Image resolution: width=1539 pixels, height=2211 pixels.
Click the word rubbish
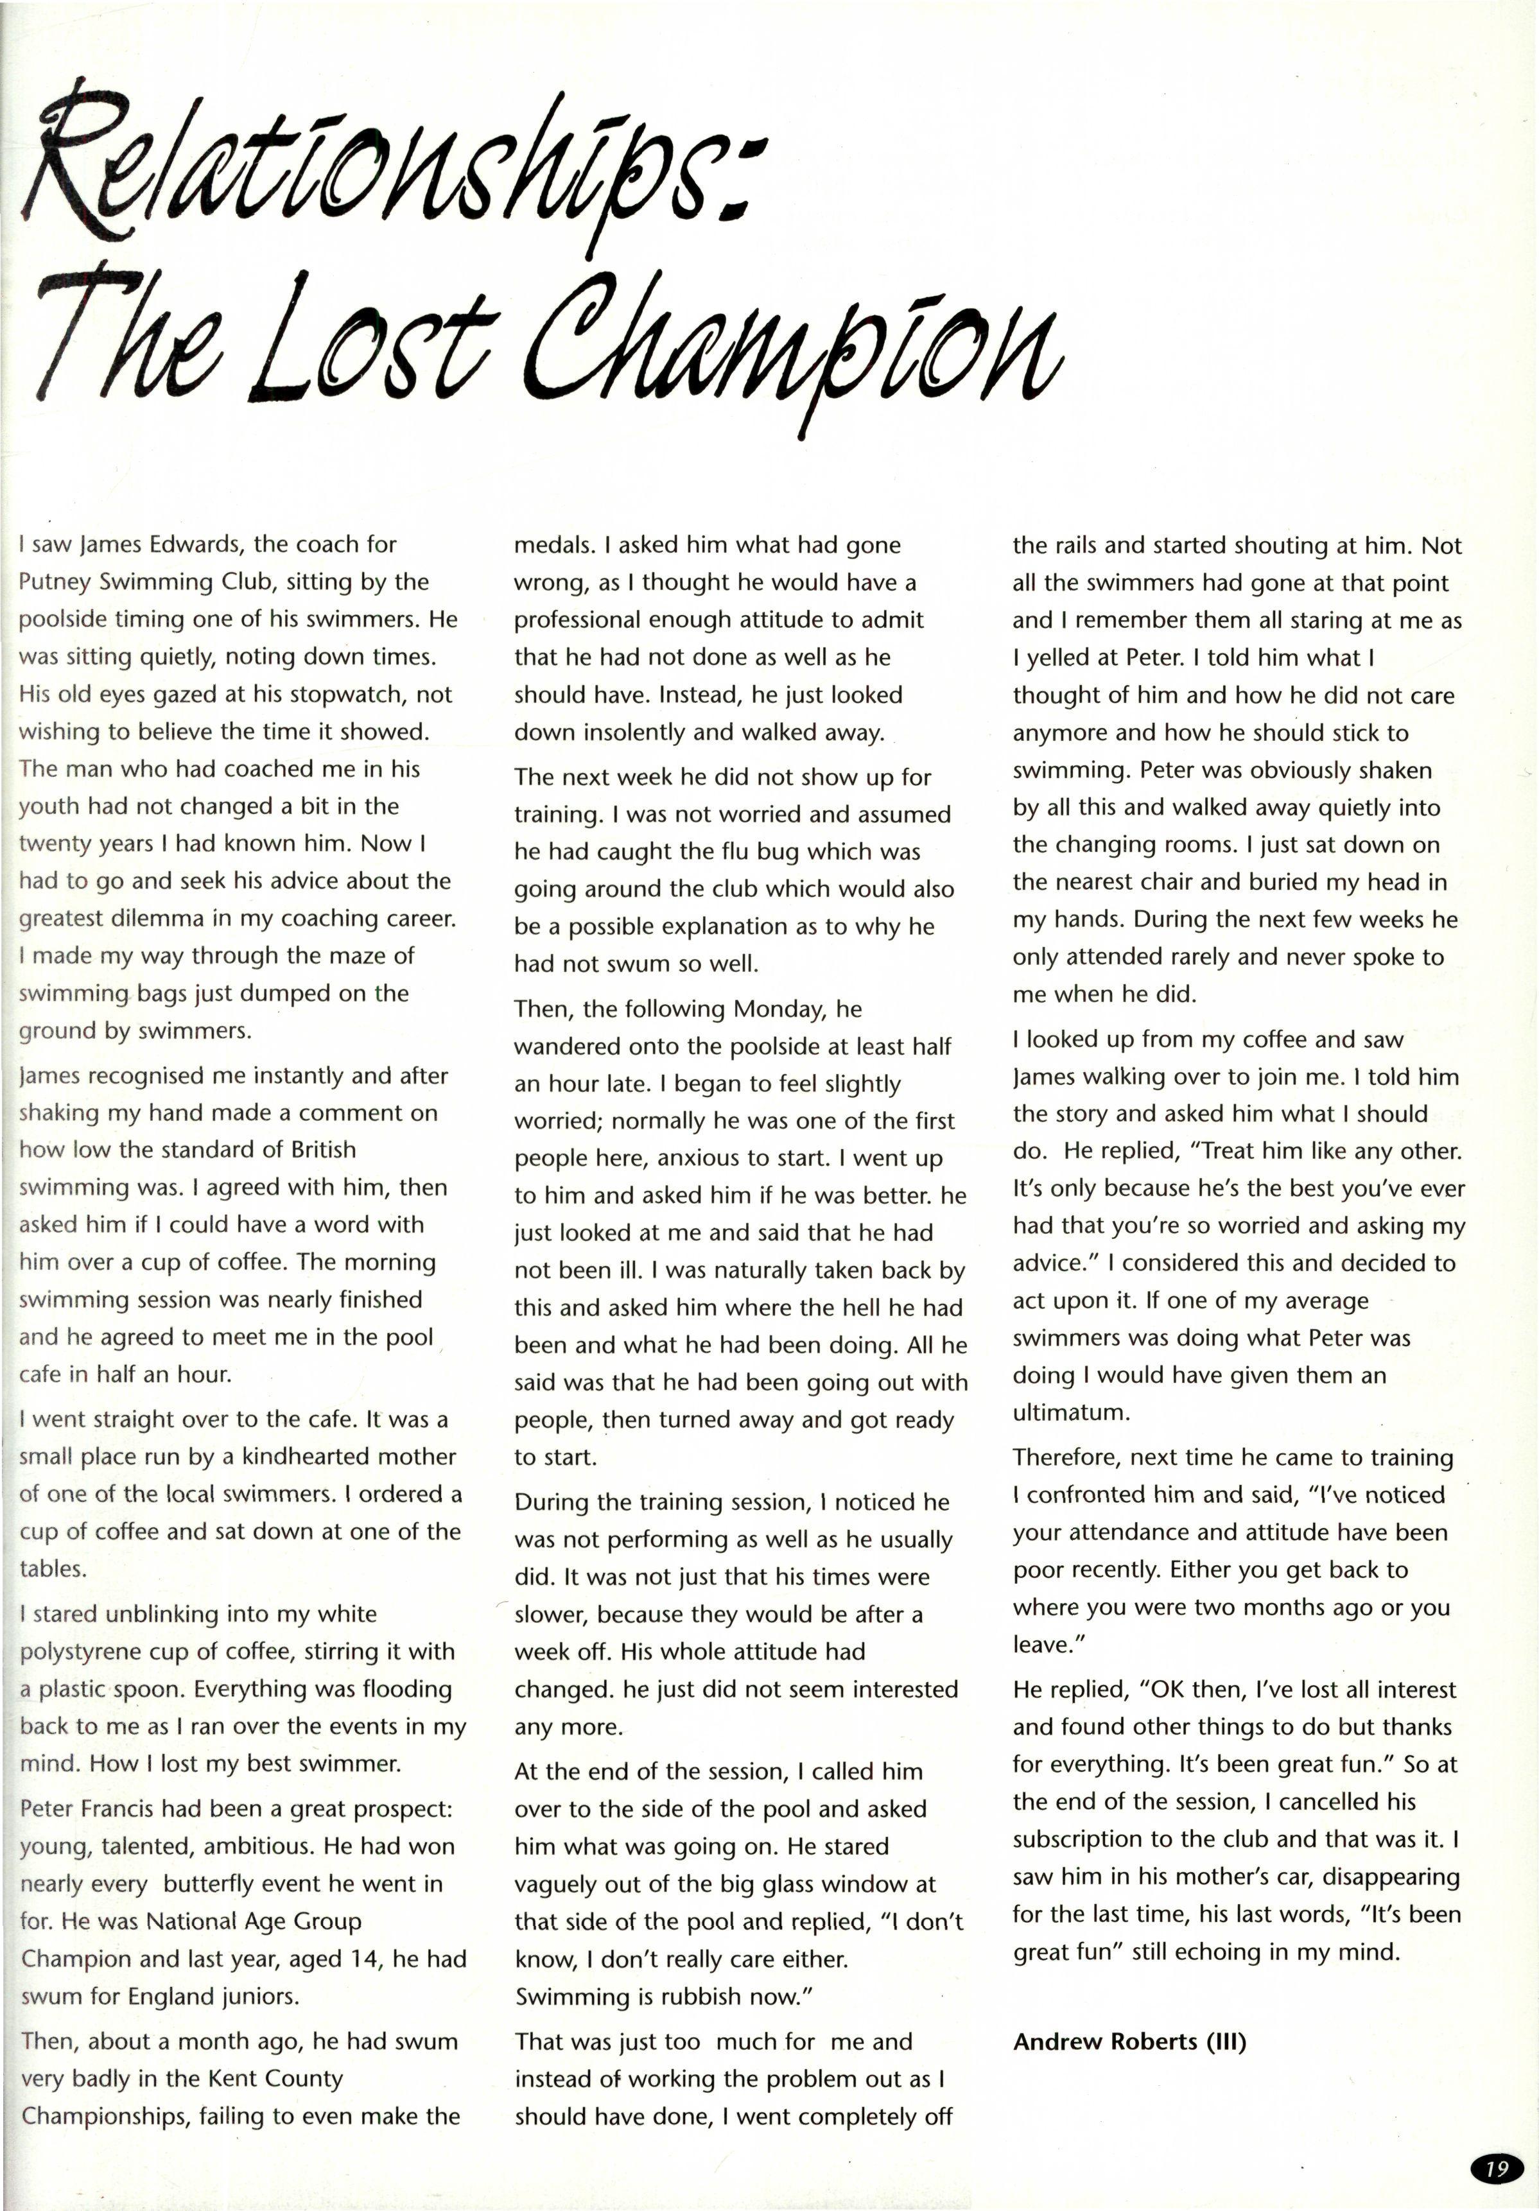(699, 1997)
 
